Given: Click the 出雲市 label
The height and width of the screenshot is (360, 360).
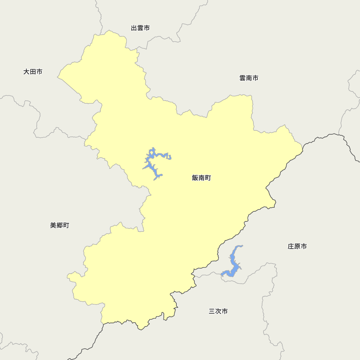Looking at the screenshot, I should (x=140, y=28).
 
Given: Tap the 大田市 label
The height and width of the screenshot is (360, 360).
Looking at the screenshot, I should (x=33, y=72).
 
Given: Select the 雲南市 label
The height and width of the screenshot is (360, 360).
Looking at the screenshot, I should (x=249, y=78).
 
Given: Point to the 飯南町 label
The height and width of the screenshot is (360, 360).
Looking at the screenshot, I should (x=202, y=178).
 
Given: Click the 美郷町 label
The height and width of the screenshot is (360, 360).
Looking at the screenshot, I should (x=59, y=225).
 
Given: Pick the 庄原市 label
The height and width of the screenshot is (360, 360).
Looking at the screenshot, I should (x=297, y=247).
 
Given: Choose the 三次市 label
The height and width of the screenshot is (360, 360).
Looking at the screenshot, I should (x=218, y=311).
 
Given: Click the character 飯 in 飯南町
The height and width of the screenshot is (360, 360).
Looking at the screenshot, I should (x=195, y=178).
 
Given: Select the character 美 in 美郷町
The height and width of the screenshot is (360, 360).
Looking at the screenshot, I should (x=53, y=225).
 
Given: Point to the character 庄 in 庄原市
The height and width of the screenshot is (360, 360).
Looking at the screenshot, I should (x=291, y=247).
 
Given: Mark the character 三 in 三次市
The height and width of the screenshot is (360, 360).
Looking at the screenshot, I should (x=212, y=311).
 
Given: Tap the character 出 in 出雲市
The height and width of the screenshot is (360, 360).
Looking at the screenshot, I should (x=134, y=28).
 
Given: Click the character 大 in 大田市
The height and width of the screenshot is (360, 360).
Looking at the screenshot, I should (x=27, y=72).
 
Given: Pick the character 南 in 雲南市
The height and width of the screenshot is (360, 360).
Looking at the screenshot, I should (x=249, y=78).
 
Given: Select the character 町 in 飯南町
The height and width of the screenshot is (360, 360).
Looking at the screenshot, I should (x=208, y=178).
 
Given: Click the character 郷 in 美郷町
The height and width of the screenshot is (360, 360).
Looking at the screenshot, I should (x=59, y=225).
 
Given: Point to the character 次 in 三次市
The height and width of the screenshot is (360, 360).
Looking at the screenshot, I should (x=218, y=311).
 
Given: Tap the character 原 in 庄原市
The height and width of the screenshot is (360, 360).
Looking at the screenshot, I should (x=297, y=247).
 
